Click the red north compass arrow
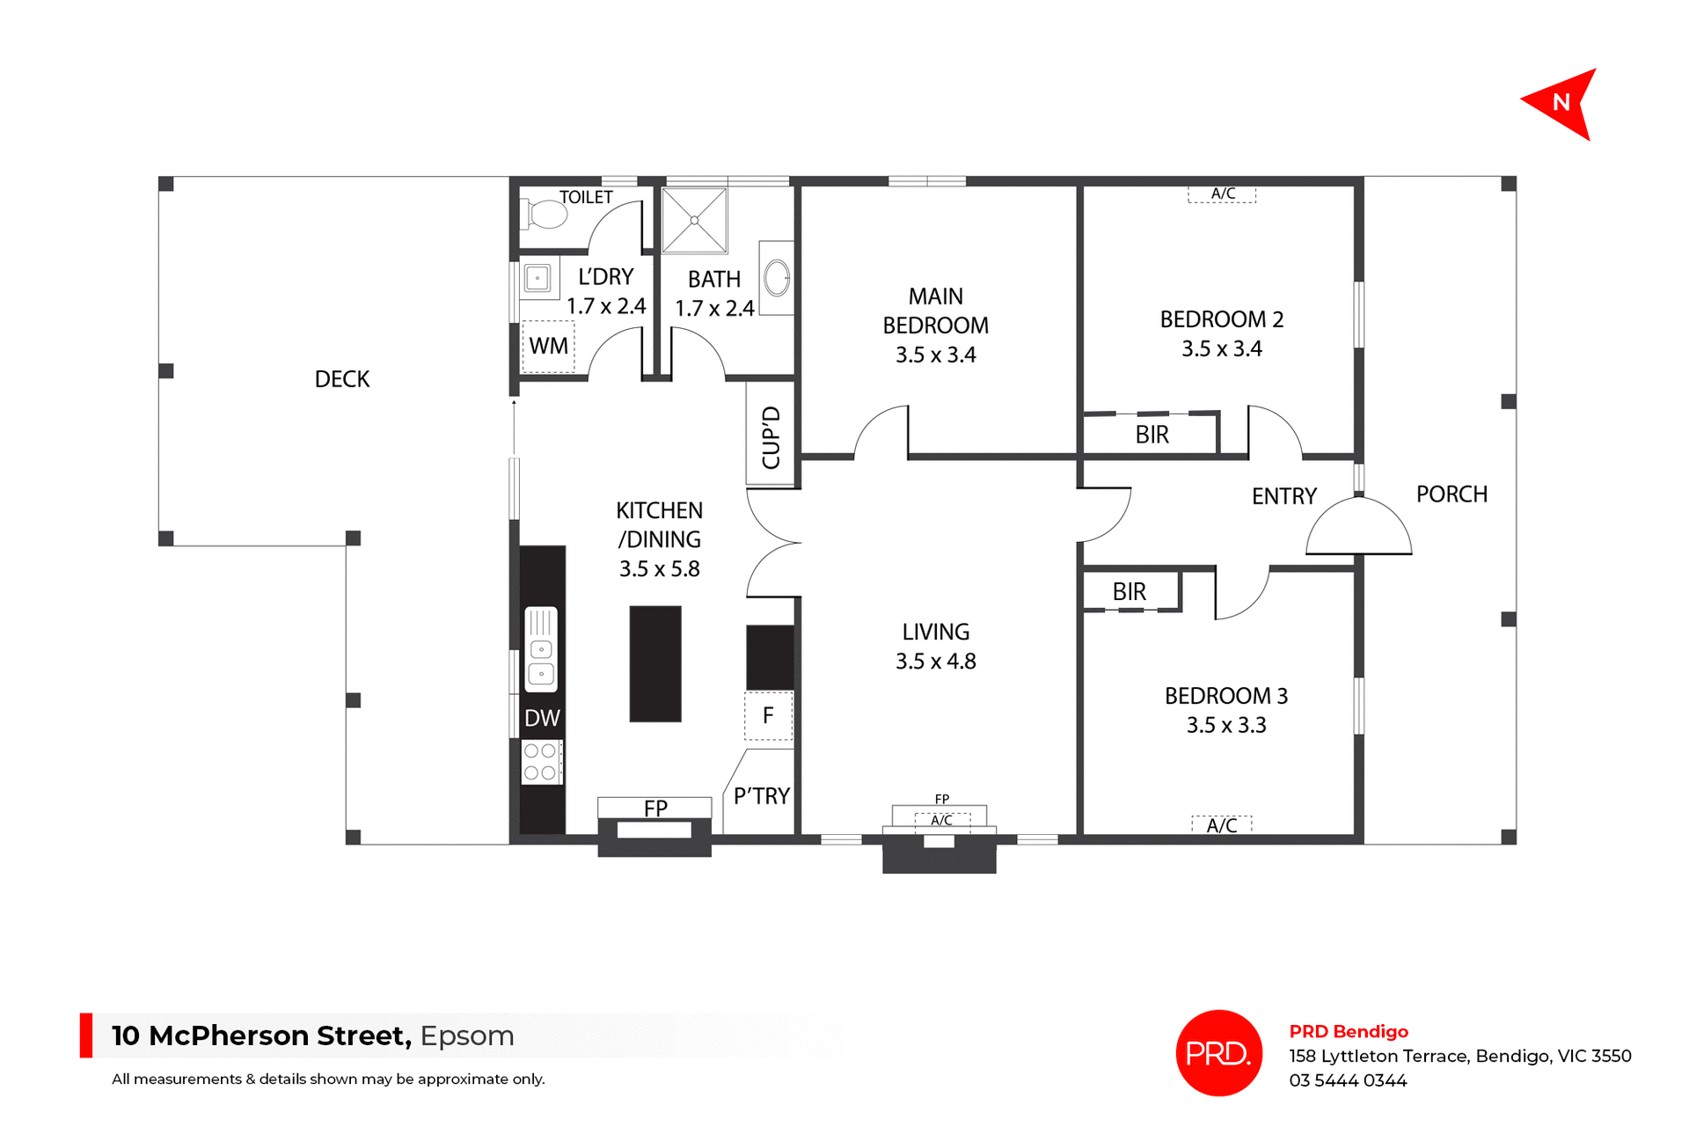coord(1564,104)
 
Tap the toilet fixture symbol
coord(546,214)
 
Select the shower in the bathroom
coord(695,220)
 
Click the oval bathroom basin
coord(777,278)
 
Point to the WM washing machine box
coord(548,347)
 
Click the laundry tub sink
coord(537,279)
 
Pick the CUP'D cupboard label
coord(771,437)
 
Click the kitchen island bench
coord(655,663)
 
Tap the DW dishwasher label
coord(542,718)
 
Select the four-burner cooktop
coord(541,762)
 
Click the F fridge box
coord(768,716)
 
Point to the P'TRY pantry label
coord(762,796)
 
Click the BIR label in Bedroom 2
coord(1152,435)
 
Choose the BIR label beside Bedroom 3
coord(1130,592)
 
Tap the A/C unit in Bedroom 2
coord(1223,194)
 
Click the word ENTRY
coord(1284,496)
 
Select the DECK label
coord(342,379)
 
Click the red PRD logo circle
coord(1218,1053)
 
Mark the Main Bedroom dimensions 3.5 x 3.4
coord(936,355)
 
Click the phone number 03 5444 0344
coord(1348,1080)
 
